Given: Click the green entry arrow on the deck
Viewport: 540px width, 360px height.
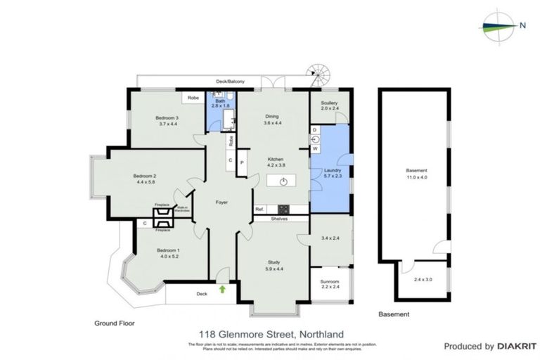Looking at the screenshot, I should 223,288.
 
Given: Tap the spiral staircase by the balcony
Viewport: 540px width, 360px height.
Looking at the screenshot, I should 316,73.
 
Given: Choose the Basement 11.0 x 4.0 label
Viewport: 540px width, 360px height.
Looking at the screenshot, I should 417,174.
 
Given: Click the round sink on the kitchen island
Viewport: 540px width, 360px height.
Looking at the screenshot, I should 283,181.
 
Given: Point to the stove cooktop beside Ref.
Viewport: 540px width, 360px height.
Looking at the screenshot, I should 284,209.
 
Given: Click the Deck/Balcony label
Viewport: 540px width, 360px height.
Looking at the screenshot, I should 230,82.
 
